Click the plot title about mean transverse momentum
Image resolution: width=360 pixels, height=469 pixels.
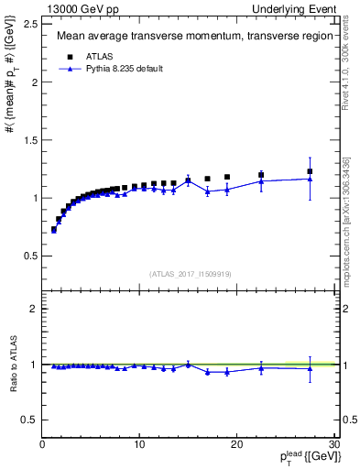(187, 37)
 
